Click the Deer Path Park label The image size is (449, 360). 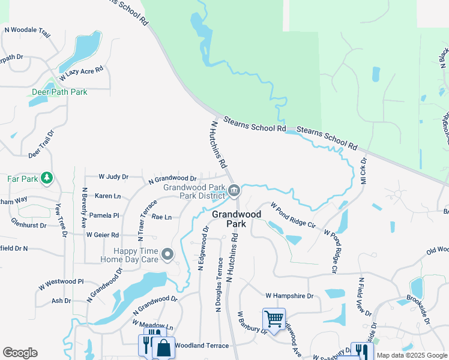(x=59, y=92)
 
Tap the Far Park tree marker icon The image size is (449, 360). (x=47, y=178)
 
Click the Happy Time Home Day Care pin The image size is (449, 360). (x=168, y=255)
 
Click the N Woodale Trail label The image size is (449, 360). (x=27, y=29)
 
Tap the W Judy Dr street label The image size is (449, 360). (x=113, y=177)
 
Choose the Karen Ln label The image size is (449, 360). (x=107, y=196)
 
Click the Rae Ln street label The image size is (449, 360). (x=161, y=217)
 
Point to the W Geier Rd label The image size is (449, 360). (x=102, y=235)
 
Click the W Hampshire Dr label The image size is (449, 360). (x=290, y=296)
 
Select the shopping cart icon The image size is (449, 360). (x=274, y=319)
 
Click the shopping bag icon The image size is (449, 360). (x=163, y=347)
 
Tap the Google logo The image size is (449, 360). (x=20, y=353)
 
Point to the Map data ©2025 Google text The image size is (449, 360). (x=412, y=356)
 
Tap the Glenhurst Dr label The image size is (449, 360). (x=28, y=221)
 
